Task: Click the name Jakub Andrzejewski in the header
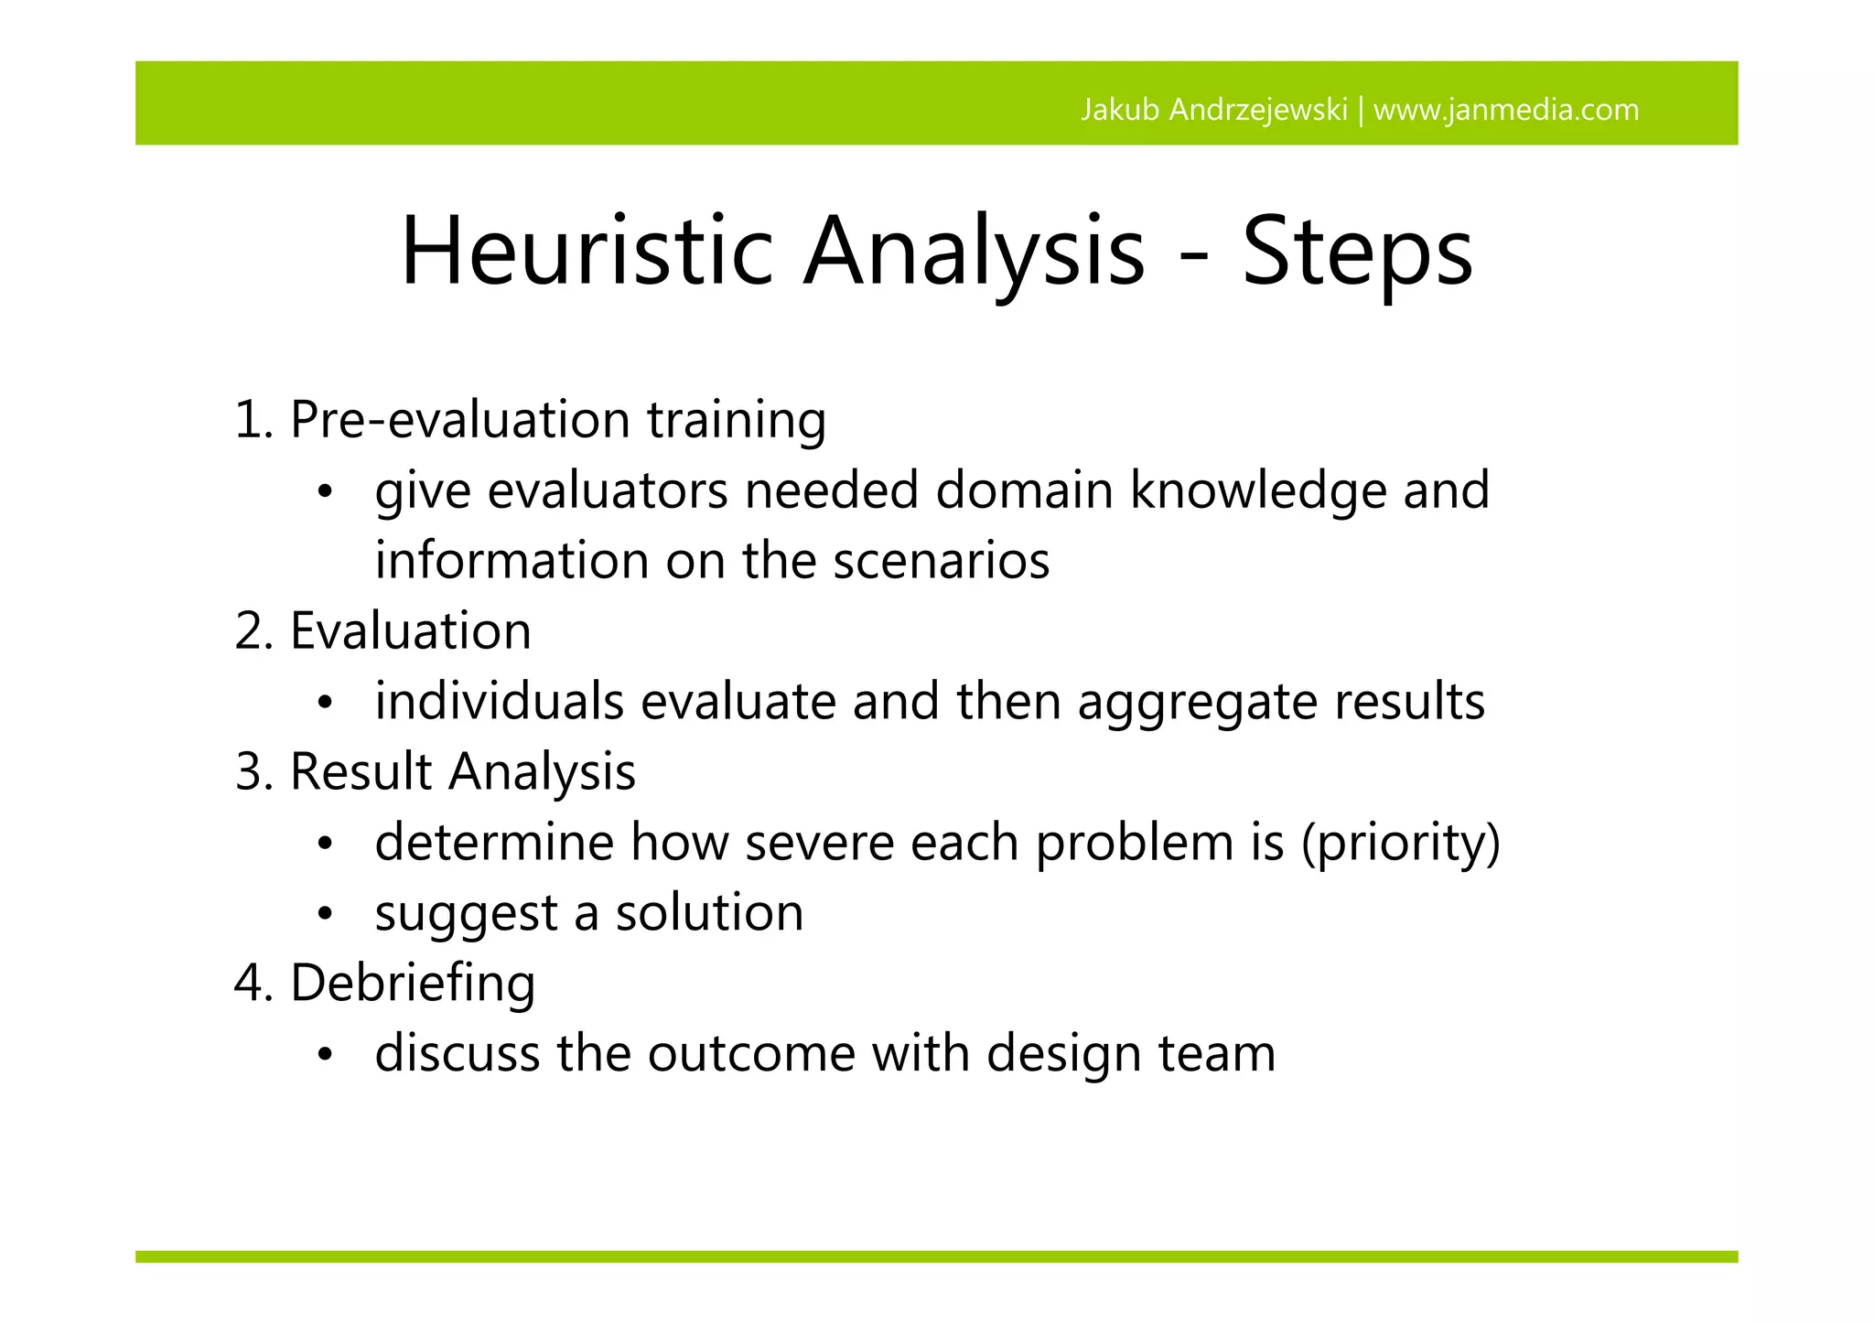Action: coord(1213,110)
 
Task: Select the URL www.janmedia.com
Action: coord(1506,110)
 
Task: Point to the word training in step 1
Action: coord(736,420)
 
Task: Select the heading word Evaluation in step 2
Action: coord(410,631)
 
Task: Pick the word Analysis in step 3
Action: coord(542,771)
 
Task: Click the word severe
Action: coord(819,843)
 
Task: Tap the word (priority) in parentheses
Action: coord(1401,843)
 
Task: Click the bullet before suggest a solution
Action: coord(324,914)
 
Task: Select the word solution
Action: coord(709,913)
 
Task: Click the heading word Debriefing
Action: coord(412,984)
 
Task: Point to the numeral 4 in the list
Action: coord(249,984)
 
